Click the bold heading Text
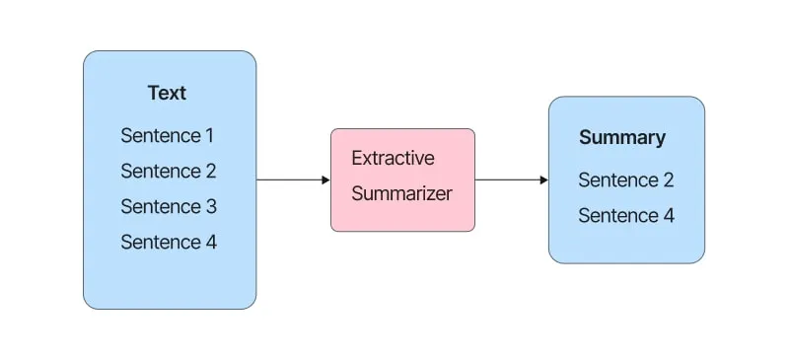[167, 93]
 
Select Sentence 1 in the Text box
[167, 135]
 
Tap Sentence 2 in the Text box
[169, 172]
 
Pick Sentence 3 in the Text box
[169, 206]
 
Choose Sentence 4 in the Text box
[169, 243]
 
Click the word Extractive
[393, 158]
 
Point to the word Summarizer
[401, 194]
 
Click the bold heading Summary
[622, 138]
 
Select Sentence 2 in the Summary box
[626, 180]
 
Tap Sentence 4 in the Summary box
[626, 215]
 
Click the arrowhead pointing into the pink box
[326, 180]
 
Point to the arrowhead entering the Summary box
[544, 180]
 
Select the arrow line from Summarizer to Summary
[512, 180]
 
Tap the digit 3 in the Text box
[211, 206]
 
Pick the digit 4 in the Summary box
[669, 215]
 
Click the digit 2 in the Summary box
[668, 180]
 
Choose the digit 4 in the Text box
[211, 243]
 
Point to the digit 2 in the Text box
[210, 172]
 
